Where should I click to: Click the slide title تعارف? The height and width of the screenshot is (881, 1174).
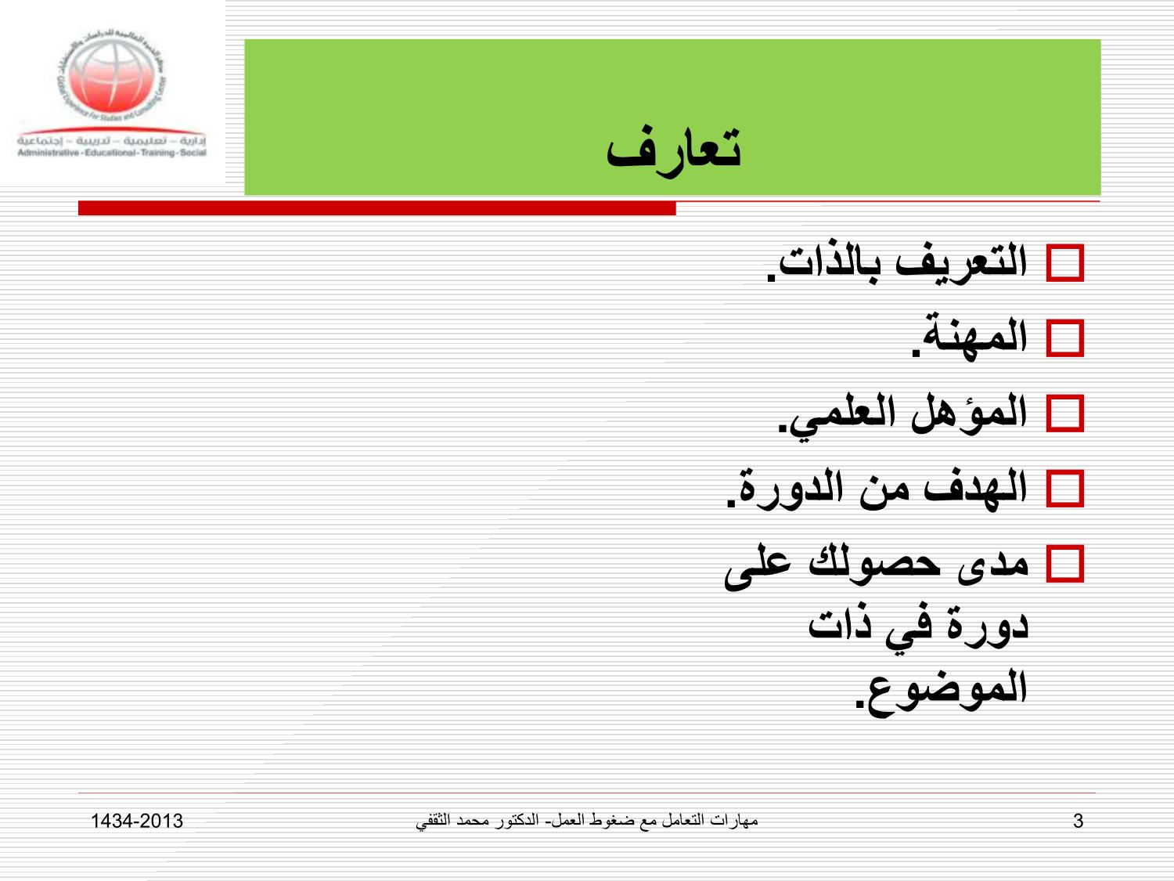[x=674, y=150]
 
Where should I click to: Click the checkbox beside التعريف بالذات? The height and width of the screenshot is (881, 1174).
[x=1065, y=263]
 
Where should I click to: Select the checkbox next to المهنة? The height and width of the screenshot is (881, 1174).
[x=1065, y=338]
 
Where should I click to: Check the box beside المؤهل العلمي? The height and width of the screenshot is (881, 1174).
[x=1065, y=413]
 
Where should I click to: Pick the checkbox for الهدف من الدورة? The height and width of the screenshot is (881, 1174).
[x=1065, y=489]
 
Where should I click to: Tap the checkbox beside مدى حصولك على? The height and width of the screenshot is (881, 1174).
[x=1065, y=564]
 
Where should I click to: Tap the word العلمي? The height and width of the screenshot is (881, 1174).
[x=837, y=414]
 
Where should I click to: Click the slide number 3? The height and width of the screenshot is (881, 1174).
[x=1078, y=821]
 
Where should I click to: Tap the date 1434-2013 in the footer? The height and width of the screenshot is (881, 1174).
[x=137, y=821]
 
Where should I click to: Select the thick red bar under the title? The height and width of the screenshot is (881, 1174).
[x=376, y=208]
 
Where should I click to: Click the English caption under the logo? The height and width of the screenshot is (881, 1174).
[x=112, y=153]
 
